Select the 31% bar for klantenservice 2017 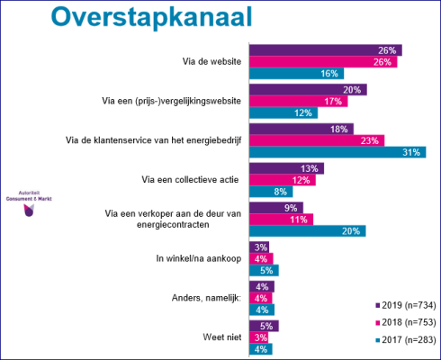coord(337,152)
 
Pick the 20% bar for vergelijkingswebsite coord(307,89)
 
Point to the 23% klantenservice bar coord(316,140)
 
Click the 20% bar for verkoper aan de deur coord(307,230)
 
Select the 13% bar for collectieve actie coord(285,168)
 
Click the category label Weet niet coord(219,337)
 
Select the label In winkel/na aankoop coord(192,259)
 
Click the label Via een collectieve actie coord(190,180)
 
